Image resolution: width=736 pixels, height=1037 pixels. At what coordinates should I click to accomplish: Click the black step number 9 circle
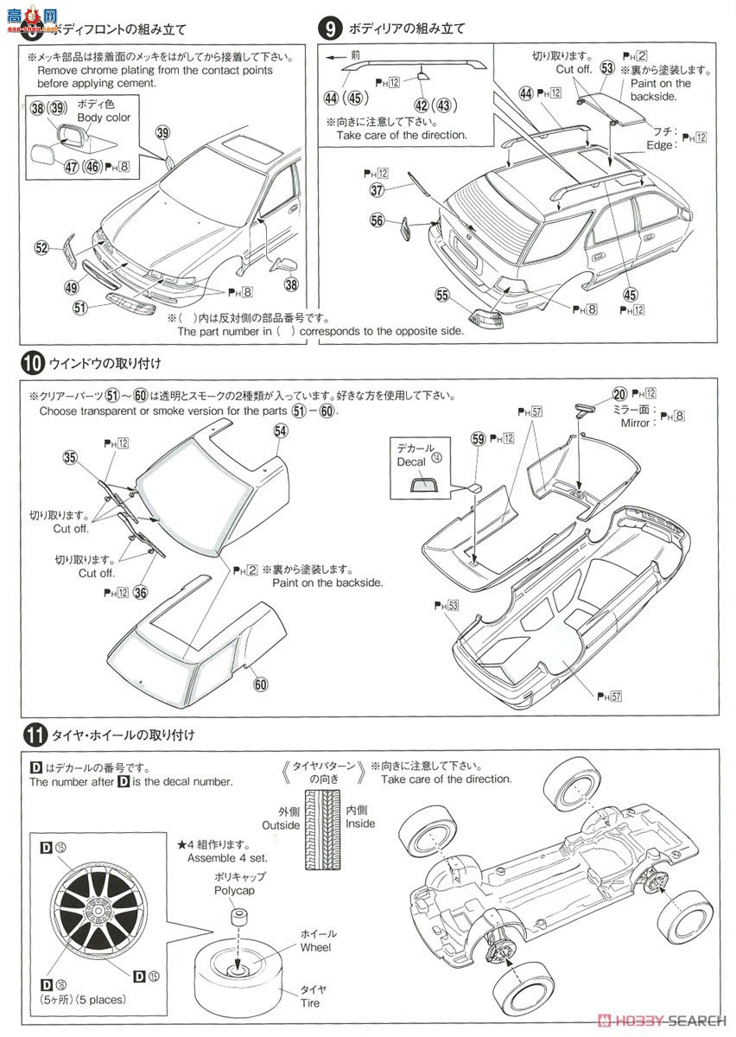coord(329,29)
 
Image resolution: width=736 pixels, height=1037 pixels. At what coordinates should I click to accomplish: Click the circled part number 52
coord(41,248)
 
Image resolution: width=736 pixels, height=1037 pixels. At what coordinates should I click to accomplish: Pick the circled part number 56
coord(377,221)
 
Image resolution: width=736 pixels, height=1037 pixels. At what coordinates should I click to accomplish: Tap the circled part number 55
coord(442,296)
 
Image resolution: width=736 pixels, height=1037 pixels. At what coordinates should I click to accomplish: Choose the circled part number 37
coord(377,190)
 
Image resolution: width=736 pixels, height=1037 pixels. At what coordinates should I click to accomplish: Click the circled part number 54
coord(281,429)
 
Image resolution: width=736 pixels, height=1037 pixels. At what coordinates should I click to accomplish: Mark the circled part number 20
coord(619,393)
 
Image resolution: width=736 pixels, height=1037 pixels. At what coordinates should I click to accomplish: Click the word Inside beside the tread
coord(360,824)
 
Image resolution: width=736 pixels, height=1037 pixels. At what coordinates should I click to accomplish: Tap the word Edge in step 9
coord(660,145)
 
